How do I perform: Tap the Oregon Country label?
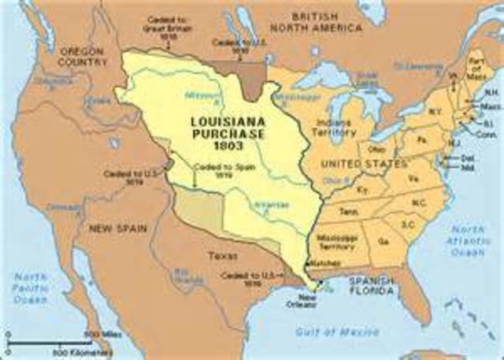pyautogui.click(x=82, y=57)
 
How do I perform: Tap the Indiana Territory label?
pyautogui.click(x=334, y=128)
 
